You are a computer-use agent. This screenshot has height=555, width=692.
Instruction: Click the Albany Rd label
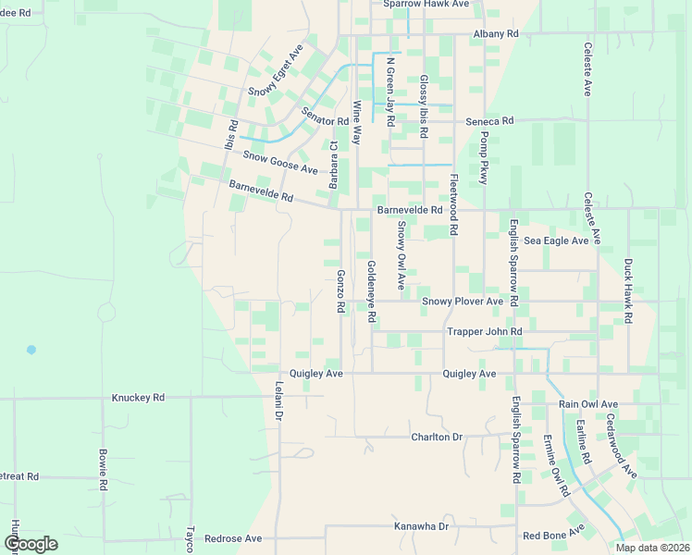pyautogui.click(x=496, y=33)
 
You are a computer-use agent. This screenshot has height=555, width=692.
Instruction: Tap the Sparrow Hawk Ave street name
pyautogui.click(x=427, y=5)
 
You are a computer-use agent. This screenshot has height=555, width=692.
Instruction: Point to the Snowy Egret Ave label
pyautogui.click(x=276, y=70)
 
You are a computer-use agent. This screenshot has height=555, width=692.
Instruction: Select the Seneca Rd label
pyautogui.click(x=489, y=121)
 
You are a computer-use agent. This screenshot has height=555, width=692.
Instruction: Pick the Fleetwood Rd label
pyautogui.click(x=453, y=204)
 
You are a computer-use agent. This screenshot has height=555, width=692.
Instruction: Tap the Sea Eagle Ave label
pyautogui.click(x=556, y=240)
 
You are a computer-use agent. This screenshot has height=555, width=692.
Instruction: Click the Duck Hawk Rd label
pyautogui.click(x=628, y=290)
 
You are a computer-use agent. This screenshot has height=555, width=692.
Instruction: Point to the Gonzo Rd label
pyautogui.click(x=340, y=290)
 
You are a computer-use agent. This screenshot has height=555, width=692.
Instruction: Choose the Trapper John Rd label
pyautogui.click(x=485, y=331)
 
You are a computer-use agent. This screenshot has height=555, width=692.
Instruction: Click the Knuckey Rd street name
pyautogui.click(x=138, y=397)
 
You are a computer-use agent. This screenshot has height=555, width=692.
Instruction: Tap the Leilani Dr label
pyautogui.click(x=278, y=404)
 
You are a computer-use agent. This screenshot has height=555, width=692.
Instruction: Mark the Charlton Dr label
pyautogui.click(x=437, y=437)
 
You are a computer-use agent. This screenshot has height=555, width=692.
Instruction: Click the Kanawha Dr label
pyautogui.click(x=421, y=526)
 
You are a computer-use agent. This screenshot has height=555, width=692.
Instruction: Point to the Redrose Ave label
pyautogui.click(x=233, y=538)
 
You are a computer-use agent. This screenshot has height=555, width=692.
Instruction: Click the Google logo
pyautogui.click(x=31, y=544)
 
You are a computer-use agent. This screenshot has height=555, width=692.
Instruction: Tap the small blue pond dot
pyautogui.click(x=31, y=350)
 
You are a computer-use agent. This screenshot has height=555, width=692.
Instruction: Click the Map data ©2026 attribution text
pyautogui.click(x=652, y=548)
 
